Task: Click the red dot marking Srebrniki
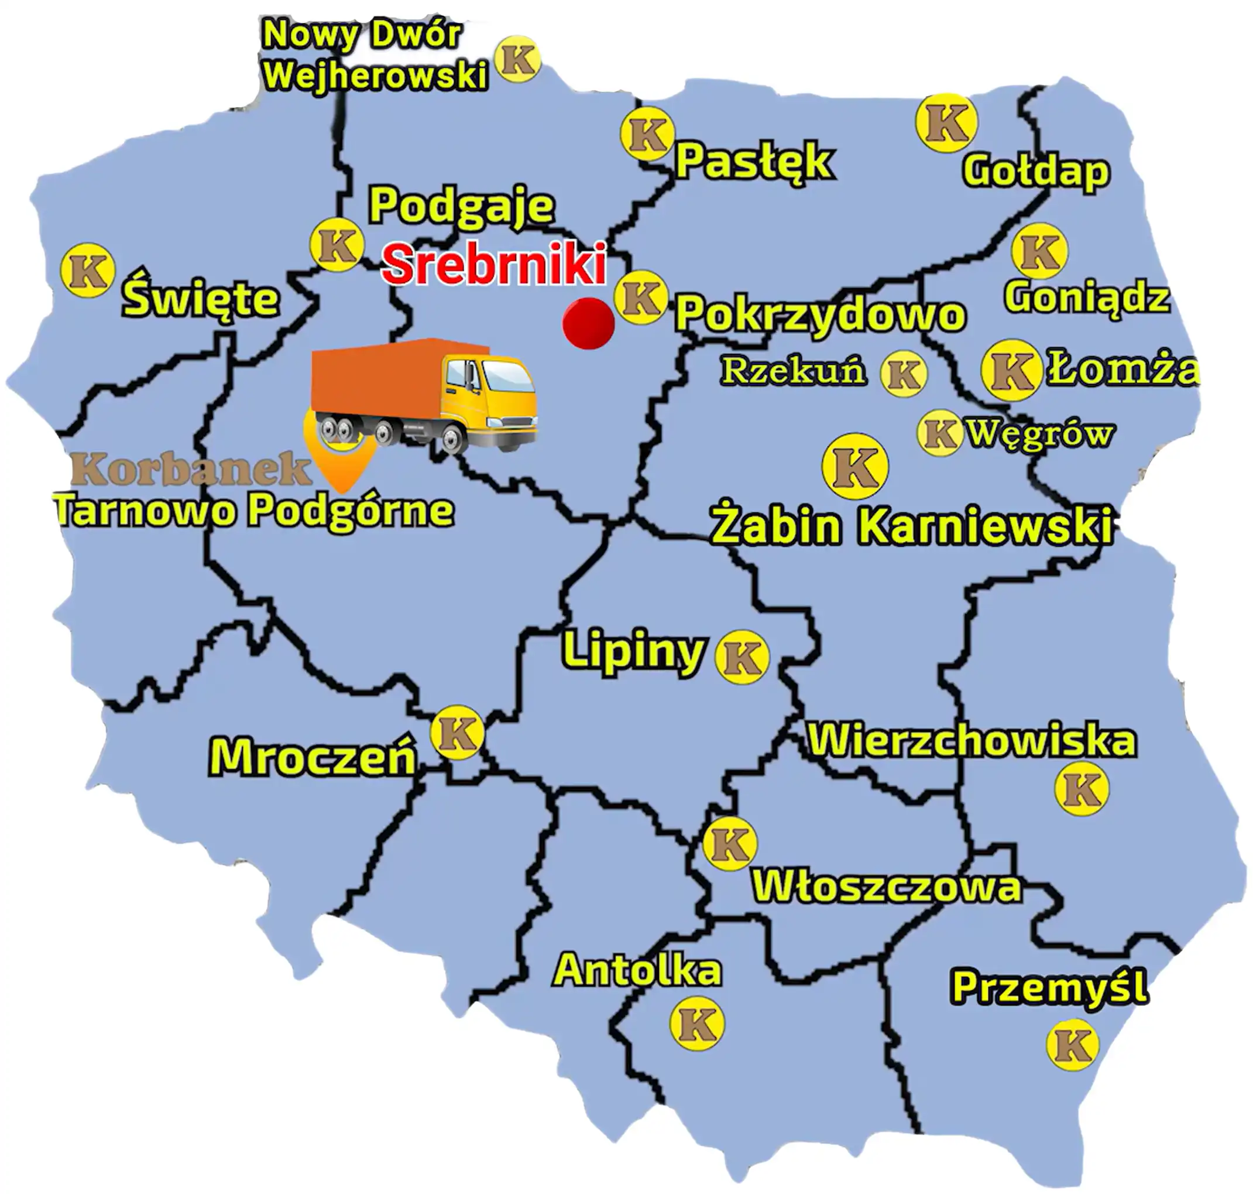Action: point(588,323)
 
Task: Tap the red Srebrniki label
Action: point(493,265)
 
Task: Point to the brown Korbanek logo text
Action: point(191,470)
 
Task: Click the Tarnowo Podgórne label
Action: point(255,511)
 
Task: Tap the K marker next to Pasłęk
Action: point(647,134)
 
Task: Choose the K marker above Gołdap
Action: point(946,122)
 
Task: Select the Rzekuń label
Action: point(793,371)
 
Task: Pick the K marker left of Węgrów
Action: point(939,433)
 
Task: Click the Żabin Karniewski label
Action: point(911,526)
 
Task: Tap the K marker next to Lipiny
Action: point(741,657)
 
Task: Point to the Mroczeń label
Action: point(313,757)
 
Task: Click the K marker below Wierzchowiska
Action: point(1082,789)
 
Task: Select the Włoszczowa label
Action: point(887,886)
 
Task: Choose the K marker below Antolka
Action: point(696,1024)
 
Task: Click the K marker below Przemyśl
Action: point(1072,1045)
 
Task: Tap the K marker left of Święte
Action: point(88,271)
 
